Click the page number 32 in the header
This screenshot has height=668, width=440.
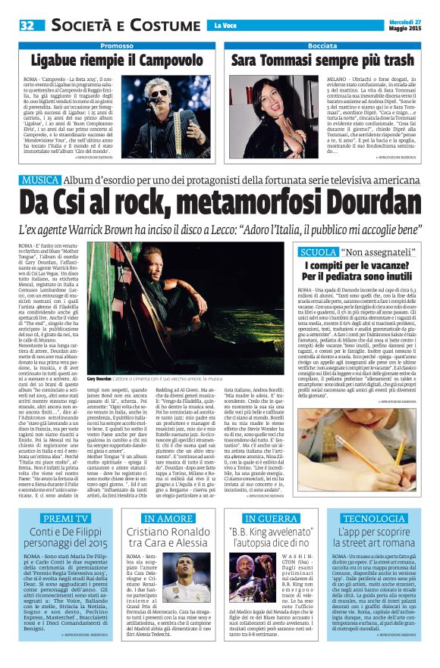[x=28, y=25]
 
